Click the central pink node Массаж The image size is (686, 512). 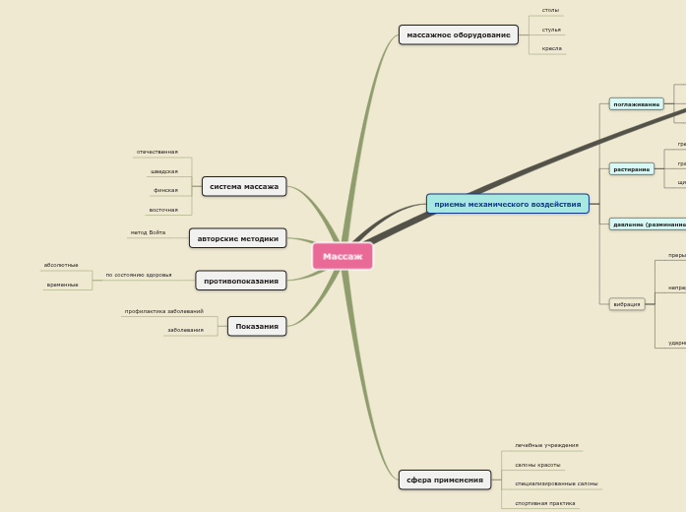[x=343, y=256]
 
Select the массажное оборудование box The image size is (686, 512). [x=458, y=34]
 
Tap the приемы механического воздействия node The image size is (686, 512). [x=507, y=204]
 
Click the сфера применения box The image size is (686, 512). [x=444, y=480]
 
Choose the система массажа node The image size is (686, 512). [x=244, y=186]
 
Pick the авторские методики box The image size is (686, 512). [x=237, y=238]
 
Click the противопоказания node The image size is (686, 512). [x=240, y=281]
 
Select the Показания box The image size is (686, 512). [x=257, y=326]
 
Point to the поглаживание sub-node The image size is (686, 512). [x=636, y=103]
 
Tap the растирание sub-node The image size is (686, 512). [x=631, y=169]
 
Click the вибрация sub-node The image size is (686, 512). [x=627, y=304]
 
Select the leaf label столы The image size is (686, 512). [x=550, y=10]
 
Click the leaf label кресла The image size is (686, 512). [x=551, y=48]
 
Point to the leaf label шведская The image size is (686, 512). [x=164, y=171]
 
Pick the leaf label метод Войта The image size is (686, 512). [x=148, y=232]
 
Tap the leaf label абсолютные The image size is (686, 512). [x=61, y=265]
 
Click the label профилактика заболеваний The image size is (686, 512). [x=163, y=311]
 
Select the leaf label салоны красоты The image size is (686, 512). [x=537, y=465]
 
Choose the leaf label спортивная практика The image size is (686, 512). [x=544, y=503]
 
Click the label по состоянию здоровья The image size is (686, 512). [x=138, y=275]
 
